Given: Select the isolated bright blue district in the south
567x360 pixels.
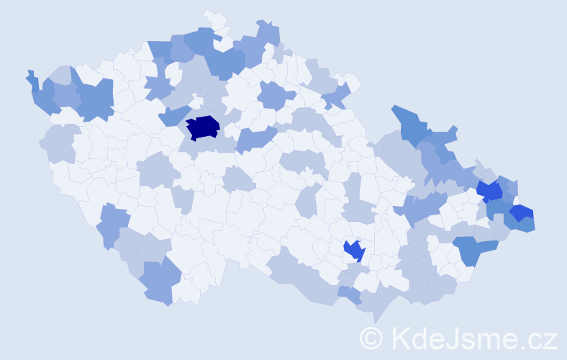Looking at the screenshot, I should point(354,251).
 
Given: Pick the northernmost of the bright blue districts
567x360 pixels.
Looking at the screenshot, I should point(490,191).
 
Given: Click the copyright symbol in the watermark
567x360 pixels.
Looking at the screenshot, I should point(371,338).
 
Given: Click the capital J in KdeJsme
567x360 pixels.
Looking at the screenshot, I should point(451,338).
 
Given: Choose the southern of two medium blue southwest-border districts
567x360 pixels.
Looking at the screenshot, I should point(157,282).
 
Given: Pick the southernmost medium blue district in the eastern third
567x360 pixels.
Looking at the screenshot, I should point(474,251).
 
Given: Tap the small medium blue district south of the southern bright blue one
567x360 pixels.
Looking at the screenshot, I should point(350,294).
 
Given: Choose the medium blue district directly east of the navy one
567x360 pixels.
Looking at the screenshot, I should point(255,138).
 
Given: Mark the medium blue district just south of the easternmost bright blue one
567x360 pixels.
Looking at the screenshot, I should point(525,224).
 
